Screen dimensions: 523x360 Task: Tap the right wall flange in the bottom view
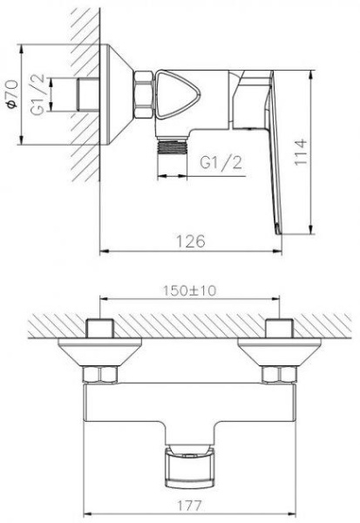pos(278,355)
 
